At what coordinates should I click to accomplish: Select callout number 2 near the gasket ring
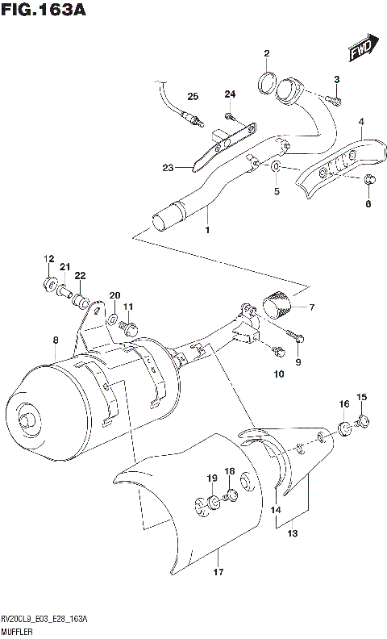tap(265, 54)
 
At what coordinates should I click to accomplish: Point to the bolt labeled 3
tap(335, 99)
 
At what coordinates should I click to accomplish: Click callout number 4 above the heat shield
tap(361, 123)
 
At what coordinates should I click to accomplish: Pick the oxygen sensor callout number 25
tap(192, 97)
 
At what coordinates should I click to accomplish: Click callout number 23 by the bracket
tap(168, 168)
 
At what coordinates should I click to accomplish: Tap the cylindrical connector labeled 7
tap(278, 307)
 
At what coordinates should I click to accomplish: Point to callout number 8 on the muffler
tap(55, 340)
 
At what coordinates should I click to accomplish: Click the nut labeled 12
tap(49, 283)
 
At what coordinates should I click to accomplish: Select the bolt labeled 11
tap(129, 327)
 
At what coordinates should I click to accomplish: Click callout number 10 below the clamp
tap(279, 374)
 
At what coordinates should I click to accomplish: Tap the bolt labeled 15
tap(362, 419)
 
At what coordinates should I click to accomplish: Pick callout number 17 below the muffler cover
tap(218, 572)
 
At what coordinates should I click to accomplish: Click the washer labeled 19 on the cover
tap(213, 504)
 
